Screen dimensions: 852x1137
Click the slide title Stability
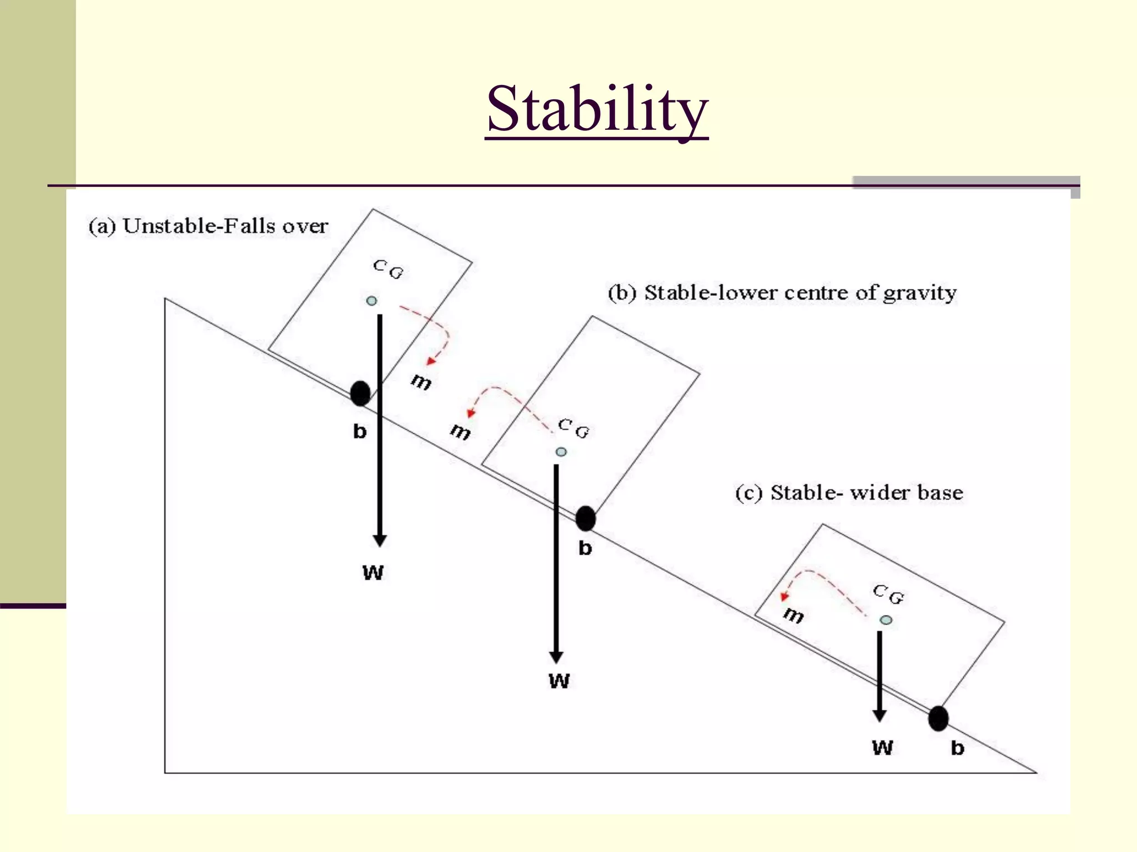pos(597,109)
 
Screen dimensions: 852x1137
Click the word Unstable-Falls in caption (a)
pos(199,226)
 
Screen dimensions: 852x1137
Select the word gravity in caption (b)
pos(919,293)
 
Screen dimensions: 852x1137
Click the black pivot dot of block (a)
pos(360,393)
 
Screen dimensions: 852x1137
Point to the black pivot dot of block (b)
pos(585,519)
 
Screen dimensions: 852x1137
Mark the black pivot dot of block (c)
pos(938,719)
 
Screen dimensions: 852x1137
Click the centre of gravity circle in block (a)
pos(371,301)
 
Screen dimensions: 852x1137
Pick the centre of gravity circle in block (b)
pos(561,452)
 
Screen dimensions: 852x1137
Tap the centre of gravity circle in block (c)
pos(886,620)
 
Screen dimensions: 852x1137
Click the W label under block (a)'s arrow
pos(373,572)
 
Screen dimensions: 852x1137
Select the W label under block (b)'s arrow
pos(559,681)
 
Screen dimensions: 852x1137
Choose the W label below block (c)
pos(882,748)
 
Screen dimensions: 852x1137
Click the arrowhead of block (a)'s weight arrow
pos(380,540)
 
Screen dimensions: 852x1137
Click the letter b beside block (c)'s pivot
pos(957,748)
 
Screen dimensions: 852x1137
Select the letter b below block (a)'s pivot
pos(360,431)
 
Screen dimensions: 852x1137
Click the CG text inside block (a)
pos(388,270)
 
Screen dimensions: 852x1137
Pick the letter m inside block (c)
pos(794,615)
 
